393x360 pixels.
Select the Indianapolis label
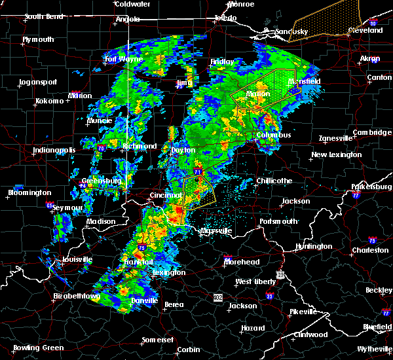[x=55, y=151]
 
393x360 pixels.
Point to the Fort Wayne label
[x=123, y=60]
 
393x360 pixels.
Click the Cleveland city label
[x=365, y=31]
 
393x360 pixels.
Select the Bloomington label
[x=29, y=192]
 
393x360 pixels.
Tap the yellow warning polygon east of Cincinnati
[x=198, y=192]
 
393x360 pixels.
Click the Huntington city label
[x=313, y=246]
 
